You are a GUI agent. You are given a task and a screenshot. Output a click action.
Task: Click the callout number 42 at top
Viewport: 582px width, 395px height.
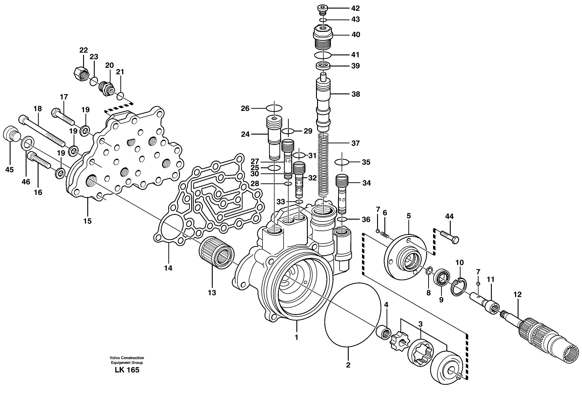point(355,8)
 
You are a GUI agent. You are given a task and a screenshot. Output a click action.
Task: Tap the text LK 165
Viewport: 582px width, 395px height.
point(127,370)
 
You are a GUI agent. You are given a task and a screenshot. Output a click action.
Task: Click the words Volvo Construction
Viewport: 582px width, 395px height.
point(127,358)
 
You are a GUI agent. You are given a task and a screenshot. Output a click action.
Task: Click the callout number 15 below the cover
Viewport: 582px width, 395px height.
point(87,221)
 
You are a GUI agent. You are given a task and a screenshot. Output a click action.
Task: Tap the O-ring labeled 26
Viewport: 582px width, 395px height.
point(274,108)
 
